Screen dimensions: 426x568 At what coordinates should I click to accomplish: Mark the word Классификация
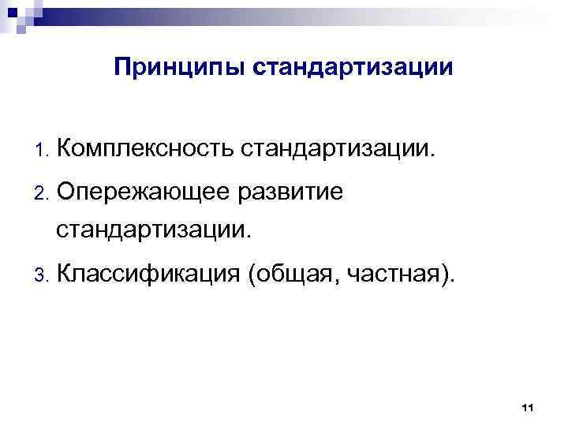point(148,274)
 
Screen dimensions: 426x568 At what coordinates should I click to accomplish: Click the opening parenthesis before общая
point(251,275)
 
